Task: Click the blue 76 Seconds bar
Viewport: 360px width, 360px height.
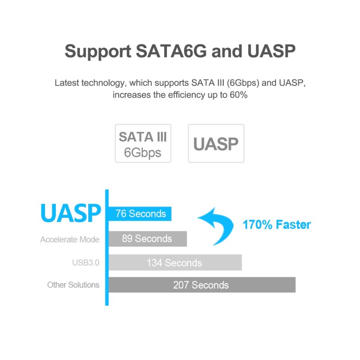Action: pos(140,214)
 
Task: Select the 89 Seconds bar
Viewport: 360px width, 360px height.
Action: pos(147,239)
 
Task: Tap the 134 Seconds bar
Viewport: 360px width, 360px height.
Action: pos(175,263)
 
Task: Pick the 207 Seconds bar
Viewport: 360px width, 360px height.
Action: pos(201,285)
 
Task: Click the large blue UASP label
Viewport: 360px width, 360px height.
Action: pos(71,213)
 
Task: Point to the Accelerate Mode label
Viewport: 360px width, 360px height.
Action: pos(70,239)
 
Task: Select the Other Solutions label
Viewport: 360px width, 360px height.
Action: pos(73,285)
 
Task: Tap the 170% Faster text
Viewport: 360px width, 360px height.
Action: pos(277,225)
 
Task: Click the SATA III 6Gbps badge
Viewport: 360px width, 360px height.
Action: pos(143,144)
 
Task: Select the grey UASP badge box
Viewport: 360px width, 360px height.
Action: pos(216,144)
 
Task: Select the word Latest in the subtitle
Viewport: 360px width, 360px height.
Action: pos(66,83)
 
